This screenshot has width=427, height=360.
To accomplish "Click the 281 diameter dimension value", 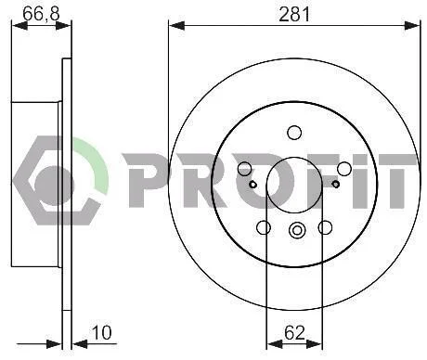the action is point(294,15).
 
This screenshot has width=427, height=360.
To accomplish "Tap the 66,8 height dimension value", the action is point(41,14).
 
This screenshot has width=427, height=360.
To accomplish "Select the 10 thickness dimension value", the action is point(101,333).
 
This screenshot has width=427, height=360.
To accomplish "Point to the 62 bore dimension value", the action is point(294,333).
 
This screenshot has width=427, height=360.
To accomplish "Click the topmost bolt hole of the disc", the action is point(294,133).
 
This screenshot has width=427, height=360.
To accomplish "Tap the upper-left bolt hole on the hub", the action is point(245,169).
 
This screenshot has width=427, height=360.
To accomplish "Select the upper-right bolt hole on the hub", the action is point(344,169).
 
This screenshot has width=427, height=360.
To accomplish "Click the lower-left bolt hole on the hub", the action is point(264,227).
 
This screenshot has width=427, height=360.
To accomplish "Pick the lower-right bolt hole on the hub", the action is point(325,227).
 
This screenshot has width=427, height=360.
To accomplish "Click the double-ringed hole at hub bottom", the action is point(297,230).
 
